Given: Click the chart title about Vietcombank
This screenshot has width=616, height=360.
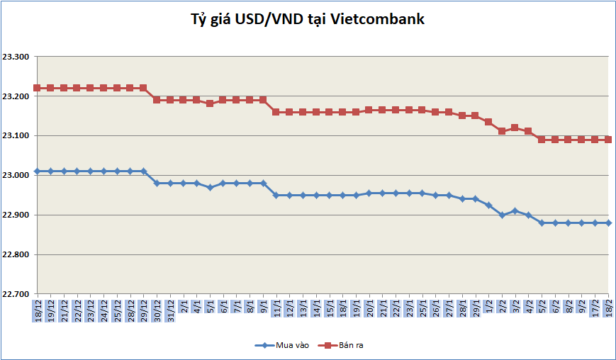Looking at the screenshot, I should pos(308,20).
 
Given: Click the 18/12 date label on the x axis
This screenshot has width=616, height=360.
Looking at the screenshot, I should pos(37,310).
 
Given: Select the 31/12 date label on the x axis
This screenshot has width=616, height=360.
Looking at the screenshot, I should pos(170,310).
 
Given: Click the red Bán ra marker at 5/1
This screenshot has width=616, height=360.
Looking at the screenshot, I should pos(210,103).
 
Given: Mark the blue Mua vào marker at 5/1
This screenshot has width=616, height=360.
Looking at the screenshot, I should pos(210,187).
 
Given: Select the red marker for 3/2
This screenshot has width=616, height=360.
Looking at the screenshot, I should pos(515,128).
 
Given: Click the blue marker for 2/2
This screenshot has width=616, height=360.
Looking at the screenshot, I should pos(502,215).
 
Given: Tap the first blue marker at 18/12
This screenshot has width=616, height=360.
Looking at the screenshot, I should pos(37,171).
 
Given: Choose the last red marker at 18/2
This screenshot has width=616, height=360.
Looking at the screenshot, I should pos(608,140).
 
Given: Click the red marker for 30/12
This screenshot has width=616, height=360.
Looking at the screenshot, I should pos(157,100).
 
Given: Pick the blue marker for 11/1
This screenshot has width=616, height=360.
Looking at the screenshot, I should pos(276,195).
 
